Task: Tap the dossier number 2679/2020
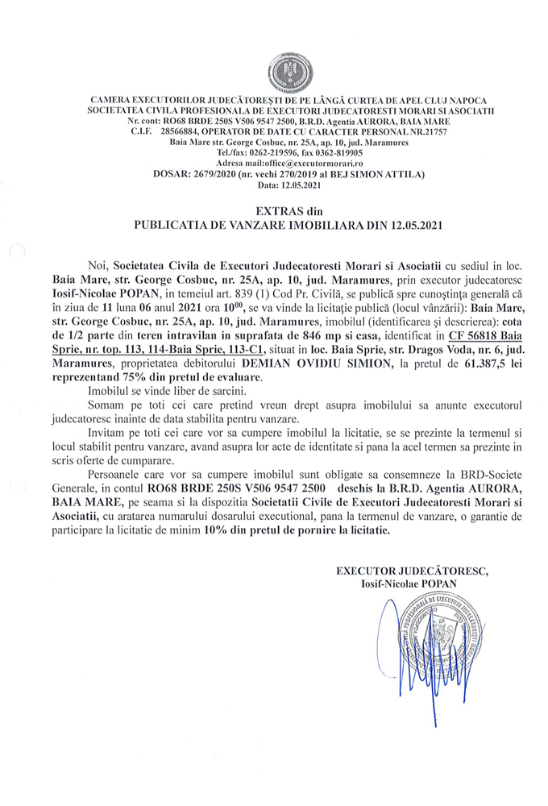tap(220, 173)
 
